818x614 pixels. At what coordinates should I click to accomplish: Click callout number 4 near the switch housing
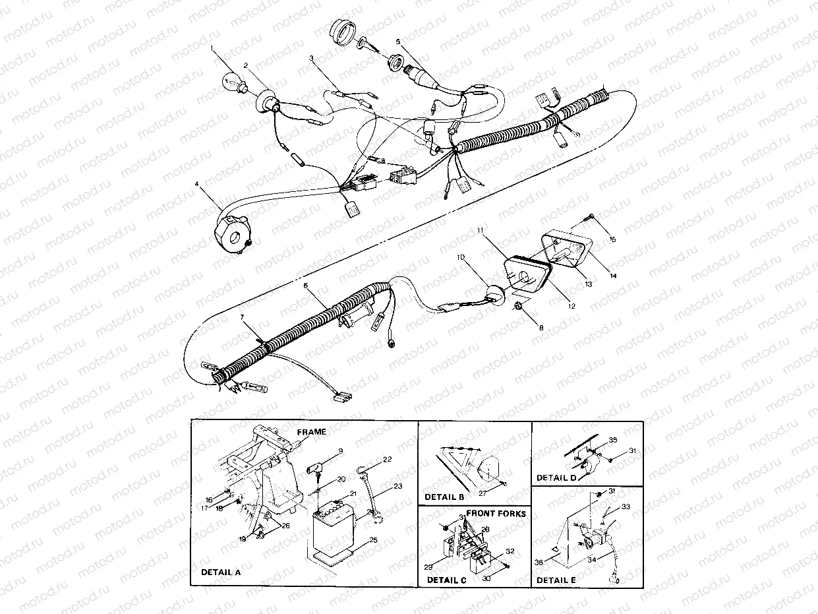(197, 193)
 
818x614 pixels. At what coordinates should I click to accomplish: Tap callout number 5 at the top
(398, 41)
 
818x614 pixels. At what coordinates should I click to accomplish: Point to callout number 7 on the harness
(242, 318)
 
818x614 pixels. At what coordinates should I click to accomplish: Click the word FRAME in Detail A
(310, 432)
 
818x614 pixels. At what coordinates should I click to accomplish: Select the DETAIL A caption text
(221, 572)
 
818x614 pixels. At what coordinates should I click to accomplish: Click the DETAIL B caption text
(444, 497)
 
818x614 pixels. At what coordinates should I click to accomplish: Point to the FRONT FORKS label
(496, 512)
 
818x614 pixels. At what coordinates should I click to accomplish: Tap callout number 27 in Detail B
(481, 492)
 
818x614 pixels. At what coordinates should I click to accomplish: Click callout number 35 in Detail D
(612, 439)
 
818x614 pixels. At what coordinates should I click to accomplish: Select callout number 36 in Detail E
(539, 563)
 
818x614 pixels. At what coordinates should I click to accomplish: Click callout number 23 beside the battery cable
(397, 486)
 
